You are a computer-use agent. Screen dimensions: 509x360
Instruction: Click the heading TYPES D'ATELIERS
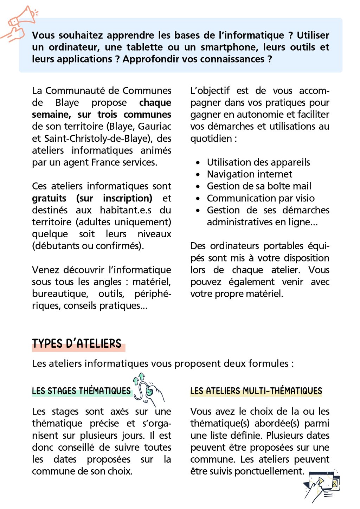click(77, 343)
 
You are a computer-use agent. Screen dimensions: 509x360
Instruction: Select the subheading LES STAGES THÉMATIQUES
click(81, 391)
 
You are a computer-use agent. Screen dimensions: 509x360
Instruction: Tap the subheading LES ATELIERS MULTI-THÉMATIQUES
click(256, 391)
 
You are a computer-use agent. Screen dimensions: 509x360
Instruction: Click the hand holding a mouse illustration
click(149, 389)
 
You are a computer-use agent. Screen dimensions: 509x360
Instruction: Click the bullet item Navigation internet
click(249, 174)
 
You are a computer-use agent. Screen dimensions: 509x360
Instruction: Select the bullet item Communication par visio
click(261, 198)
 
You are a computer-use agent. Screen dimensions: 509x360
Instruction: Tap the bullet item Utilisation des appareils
click(258, 162)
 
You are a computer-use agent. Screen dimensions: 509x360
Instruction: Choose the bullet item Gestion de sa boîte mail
click(259, 186)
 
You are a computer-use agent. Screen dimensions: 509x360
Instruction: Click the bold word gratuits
click(49, 198)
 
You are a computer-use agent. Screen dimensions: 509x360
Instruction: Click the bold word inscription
click(127, 198)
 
